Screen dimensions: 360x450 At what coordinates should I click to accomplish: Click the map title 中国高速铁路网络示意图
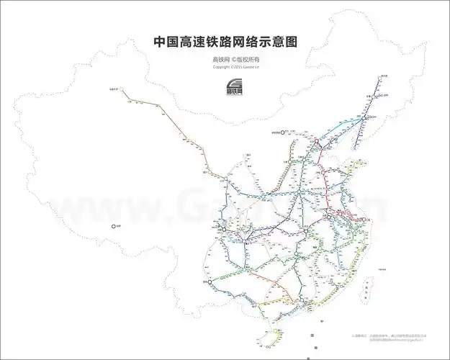pos(225,42)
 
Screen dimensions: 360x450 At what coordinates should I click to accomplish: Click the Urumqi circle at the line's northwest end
pos(122,90)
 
